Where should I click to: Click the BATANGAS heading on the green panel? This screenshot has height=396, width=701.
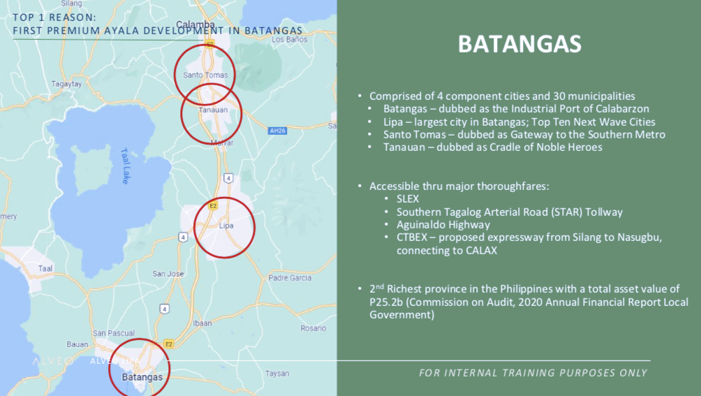click(519, 44)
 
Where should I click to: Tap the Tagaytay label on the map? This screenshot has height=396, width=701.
click(66, 84)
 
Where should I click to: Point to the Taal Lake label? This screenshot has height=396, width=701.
click(125, 166)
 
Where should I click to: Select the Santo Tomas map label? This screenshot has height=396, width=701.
click(205, 75)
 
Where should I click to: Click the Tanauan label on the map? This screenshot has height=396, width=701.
click(213, 110)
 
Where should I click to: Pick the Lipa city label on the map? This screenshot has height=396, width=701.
click(226, 226)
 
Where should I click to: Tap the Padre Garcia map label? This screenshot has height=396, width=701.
click(290, 278)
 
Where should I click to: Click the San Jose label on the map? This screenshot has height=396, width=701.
click(168, 274)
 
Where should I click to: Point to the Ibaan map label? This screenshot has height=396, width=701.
click(202, 323)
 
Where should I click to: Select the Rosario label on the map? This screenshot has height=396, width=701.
click(313, 328)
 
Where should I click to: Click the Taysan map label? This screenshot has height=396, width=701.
click(277, 374)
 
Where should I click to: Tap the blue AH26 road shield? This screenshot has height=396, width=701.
click(277, 131)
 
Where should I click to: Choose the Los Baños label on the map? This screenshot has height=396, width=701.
click(289, 39)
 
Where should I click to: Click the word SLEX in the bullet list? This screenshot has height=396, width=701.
click(408, 199)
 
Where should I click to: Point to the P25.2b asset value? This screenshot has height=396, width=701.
click(386, 302)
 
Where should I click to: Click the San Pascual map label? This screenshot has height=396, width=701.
click(114, 333)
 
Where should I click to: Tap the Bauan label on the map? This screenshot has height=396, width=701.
click(78, 344)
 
